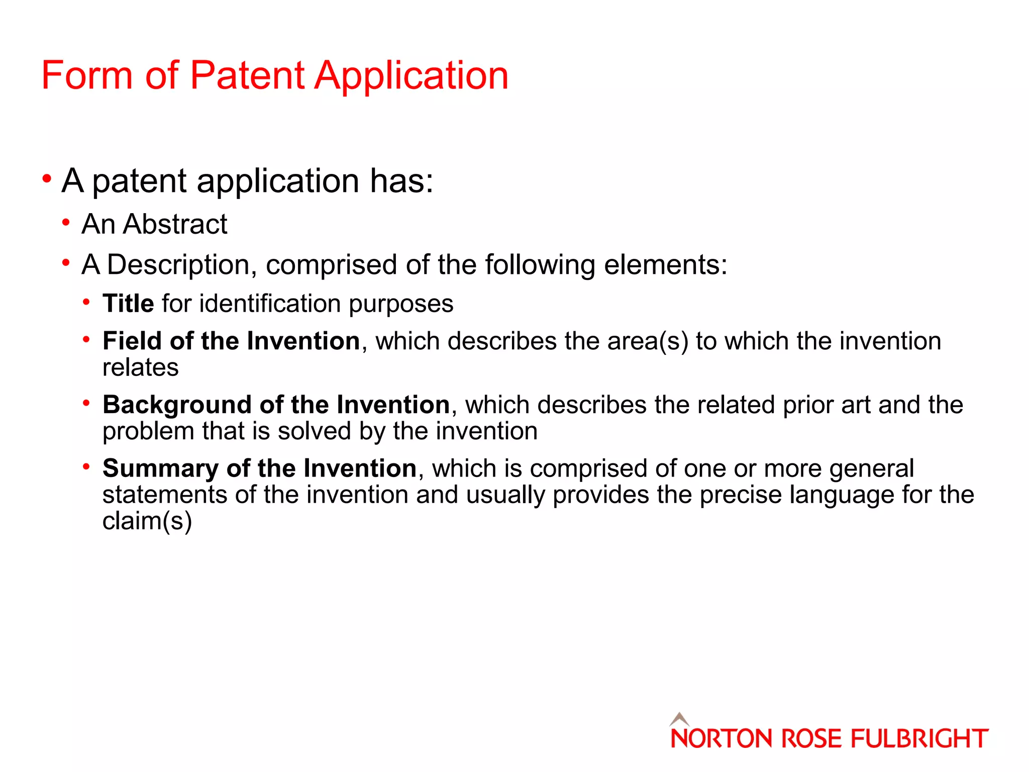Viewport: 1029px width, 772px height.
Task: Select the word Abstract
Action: coord(175,224)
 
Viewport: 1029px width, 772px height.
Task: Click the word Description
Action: coord(178,265)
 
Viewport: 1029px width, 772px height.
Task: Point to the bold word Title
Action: coord(128,304)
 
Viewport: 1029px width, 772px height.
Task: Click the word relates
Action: coord(141,367)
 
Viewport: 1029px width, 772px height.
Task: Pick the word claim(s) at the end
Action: coord(147,521)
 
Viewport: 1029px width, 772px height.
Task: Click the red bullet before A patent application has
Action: coord(47,178)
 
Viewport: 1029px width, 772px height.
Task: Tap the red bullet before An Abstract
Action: coord(66,222)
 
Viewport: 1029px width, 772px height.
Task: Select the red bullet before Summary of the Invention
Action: coord(86,466)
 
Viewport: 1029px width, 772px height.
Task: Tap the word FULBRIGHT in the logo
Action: coord(919,739)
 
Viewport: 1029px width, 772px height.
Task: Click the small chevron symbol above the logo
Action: coord(679,719)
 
